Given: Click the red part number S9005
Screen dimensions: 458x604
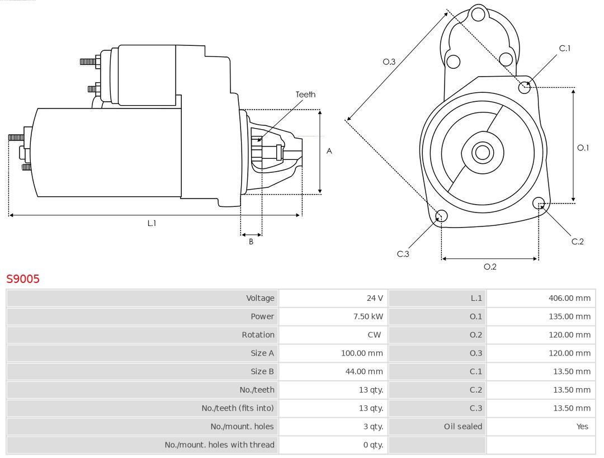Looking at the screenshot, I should [23, 278].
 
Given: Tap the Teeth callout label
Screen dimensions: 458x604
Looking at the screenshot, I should [305, 95].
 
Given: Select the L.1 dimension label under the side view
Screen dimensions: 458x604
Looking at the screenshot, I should [152, 223].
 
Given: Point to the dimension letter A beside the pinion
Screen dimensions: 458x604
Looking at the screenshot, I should [329, 151].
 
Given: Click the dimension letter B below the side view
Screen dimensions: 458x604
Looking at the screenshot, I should [251, 242].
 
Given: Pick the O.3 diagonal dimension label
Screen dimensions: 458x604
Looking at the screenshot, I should [389, 62].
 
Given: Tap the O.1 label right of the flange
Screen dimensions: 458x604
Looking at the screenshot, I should [583, 148].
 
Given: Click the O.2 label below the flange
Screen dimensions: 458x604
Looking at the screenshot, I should [490, 267].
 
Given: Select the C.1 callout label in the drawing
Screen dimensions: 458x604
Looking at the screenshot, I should [565, 48].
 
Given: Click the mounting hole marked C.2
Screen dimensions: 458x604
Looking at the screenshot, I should [539, 202].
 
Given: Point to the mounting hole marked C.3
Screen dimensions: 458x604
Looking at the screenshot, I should [441, 216].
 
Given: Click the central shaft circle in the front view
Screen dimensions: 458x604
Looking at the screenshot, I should [482, 152].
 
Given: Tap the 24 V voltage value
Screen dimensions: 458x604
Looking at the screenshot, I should [375, 298].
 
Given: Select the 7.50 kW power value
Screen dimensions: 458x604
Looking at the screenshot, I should [369, 317].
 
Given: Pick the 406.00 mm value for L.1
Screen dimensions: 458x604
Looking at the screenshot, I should [569, 298].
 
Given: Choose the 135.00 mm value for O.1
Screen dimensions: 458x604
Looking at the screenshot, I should [569, 317].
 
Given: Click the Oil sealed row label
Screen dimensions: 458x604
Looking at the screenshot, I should [463, 427].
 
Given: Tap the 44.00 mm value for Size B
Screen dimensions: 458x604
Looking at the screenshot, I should [362, 371].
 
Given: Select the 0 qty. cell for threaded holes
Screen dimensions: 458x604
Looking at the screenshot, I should [373, 445].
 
